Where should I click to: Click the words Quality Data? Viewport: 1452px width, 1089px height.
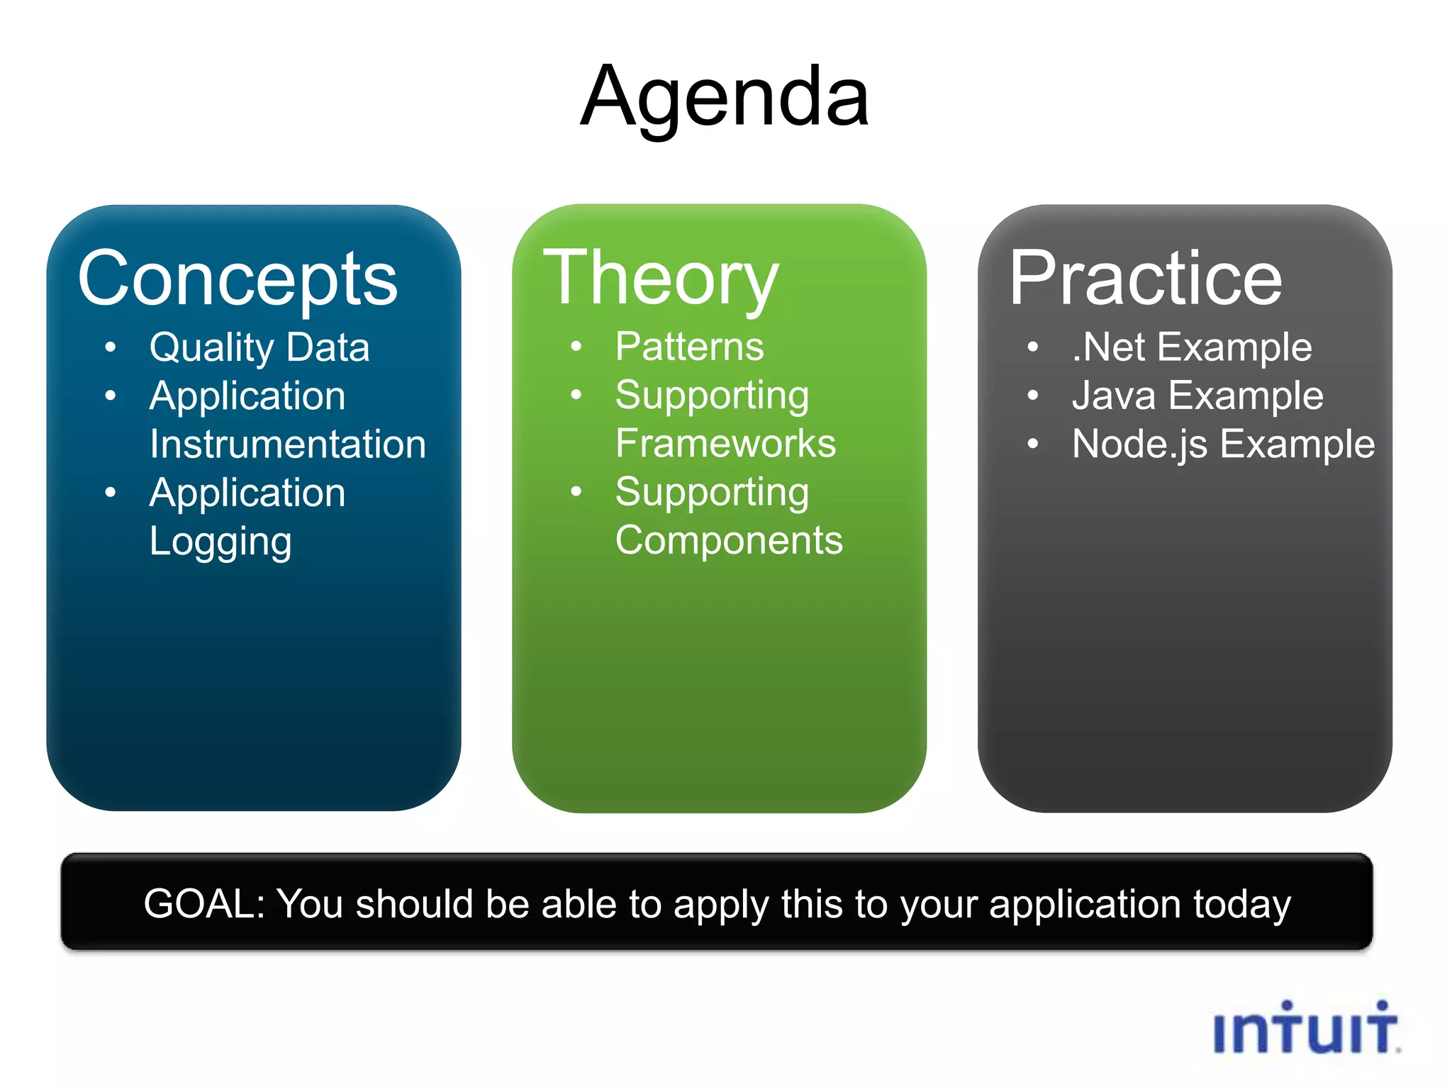[x=259, y=347]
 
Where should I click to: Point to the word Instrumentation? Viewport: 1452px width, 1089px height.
[x=287, y=445]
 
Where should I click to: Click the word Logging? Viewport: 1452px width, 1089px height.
[x=220, y=542]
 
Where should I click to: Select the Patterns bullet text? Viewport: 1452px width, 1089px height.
[x=689, y=347]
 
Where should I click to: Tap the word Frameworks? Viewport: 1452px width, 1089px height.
[x=725, y=444]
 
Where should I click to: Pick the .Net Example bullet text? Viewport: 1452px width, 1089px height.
[x=1191, y=347]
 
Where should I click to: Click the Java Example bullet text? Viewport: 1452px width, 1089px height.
[x=1197, y=396]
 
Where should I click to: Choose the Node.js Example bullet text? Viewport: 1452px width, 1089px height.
[x=1223, y=445]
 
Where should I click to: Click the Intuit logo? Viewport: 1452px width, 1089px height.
[x=1306, y=1028]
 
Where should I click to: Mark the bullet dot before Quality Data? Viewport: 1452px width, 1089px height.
[x=110, y=347]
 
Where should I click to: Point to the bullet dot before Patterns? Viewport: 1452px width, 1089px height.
[x=576, y=347]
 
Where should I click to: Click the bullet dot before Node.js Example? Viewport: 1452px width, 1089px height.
[x=1033, y=445]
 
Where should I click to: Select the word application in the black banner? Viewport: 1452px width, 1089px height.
[x=1084, y=905]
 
